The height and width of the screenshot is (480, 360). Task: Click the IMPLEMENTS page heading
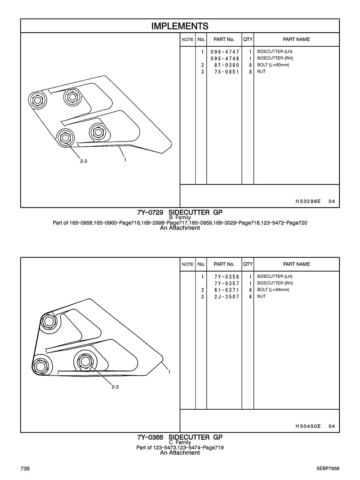point(180,26)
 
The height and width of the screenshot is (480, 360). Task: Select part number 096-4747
point(225,52)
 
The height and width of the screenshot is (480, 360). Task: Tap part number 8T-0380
point(225,65)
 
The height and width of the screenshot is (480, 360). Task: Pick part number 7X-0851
point(225,72)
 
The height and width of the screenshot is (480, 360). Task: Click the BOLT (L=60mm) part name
point(273,65)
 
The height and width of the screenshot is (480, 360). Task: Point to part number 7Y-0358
point(225,277)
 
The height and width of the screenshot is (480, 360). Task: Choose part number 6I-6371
point(225,290)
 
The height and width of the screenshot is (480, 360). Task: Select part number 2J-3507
point(225,296)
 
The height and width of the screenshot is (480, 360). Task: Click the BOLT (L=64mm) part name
point(273,290)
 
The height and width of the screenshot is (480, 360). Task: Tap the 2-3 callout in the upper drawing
point(84,161)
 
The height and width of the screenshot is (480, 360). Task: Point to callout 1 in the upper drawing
point(125,160)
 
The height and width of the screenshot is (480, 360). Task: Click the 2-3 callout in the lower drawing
point(115,387)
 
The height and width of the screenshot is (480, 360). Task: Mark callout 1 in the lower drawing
point(170,372)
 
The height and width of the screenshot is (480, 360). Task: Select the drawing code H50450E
point(308,426)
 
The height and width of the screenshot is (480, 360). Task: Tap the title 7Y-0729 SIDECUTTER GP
point(180,212)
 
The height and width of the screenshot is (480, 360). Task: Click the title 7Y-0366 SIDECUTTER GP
point(180,438)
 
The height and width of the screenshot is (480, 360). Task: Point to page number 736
point(24,468)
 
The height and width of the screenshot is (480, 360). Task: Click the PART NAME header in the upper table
point(296,39)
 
